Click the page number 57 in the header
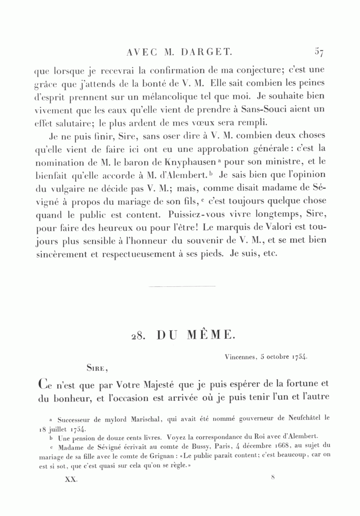(x=319, y=52)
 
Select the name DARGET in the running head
(x=207, y=52)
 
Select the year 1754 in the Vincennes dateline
(x=299, y=356)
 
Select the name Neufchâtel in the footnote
(x=303, y=419)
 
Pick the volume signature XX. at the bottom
(x=71, y=480)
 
